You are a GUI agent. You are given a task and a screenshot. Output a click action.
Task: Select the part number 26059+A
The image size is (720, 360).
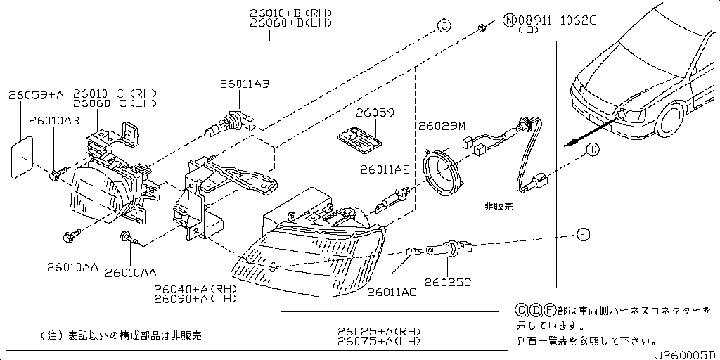(35, 95)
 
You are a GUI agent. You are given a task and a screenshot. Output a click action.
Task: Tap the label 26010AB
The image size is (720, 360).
(54, 122)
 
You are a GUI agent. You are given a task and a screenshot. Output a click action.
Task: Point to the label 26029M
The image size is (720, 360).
(442, 127)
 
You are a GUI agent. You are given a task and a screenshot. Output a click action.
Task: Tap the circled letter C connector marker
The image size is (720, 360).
(444, 26)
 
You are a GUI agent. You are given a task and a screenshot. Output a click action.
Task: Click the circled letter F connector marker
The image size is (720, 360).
(583, 235)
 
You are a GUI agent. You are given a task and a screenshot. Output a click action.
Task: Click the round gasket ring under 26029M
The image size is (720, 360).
(445, 173)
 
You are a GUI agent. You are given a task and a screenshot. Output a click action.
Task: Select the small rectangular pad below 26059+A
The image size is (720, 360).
(22, 158)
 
